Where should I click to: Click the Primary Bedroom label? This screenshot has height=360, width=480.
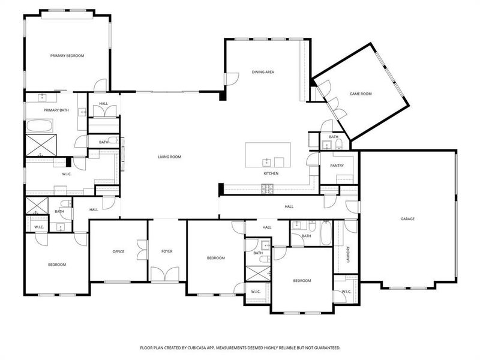click(x=67, y=56)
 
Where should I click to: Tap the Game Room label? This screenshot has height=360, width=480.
click(x=361, y=94)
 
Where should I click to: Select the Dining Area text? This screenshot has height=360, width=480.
click(x=263, y=72)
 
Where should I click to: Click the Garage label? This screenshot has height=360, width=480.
click(x=407, y=219)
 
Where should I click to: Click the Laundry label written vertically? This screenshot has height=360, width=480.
click(x=347, y=254)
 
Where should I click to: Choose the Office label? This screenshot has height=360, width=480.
click(x=118, y=251)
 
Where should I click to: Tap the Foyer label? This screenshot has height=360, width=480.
click(x=167, y=251)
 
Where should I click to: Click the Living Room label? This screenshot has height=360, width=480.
click(x=169, y=157)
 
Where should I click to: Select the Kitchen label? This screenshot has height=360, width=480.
click(x=271, y=173)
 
